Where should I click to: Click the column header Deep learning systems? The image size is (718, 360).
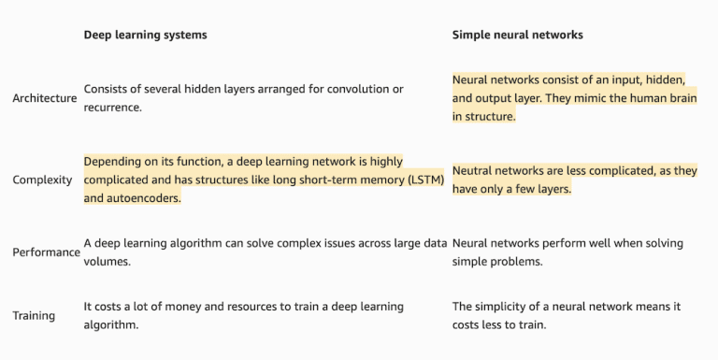[x=145, y=35]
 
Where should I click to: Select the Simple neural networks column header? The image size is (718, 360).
[x=517, y=35]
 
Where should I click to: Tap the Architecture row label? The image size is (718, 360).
[x=44, y=98]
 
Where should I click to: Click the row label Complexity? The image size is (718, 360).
[x=42, y=180]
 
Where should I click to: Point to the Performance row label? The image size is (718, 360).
[x=46, y=252]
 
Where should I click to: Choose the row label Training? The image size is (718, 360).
[x=34, y=316]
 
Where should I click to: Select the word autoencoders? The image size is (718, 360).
[x=145, y=198]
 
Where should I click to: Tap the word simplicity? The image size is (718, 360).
[x=505, y=307]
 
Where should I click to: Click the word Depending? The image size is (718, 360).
[x=112, y=161]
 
